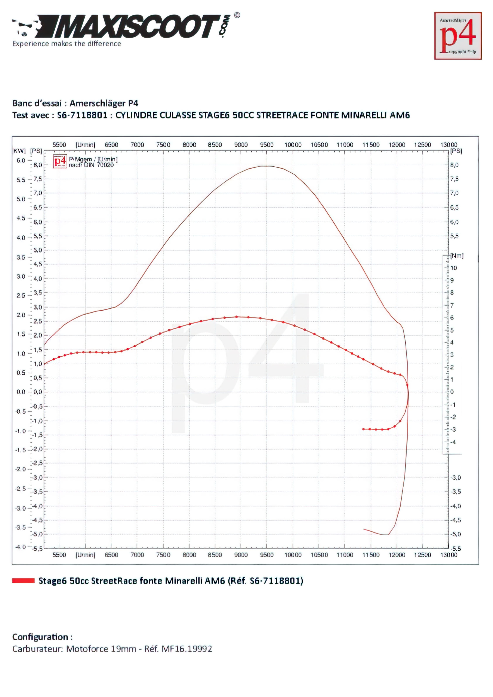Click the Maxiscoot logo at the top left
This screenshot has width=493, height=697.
[122, 27]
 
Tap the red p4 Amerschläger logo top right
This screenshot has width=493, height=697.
[458, 36]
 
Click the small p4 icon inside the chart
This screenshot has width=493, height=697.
[60, 161]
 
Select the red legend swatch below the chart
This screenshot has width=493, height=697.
[23, 581]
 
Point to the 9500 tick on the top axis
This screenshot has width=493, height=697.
[267, 145]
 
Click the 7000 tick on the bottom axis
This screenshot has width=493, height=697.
[137, 555]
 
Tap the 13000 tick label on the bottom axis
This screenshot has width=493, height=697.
[449, 555]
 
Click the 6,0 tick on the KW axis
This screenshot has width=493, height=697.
[21, 161]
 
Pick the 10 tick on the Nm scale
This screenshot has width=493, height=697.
[454, 268]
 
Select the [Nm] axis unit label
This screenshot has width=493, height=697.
[457, 256]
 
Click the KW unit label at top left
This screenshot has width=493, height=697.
[19, 151]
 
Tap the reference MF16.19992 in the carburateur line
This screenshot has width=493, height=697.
[187, 649]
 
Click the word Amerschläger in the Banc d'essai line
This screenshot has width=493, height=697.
[97, 103]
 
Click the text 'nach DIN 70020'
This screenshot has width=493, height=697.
[91, 165]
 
